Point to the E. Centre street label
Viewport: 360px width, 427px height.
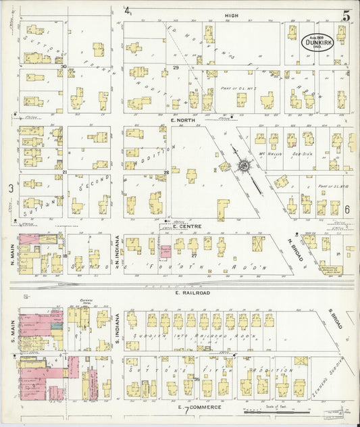point(183,226)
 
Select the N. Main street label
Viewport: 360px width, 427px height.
point(12,254)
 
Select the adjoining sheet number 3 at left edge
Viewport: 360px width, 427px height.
point(10,189)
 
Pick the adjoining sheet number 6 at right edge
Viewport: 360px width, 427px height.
point(346,209)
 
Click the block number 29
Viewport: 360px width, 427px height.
point(175,68)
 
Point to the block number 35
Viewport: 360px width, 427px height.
point(197,380)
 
